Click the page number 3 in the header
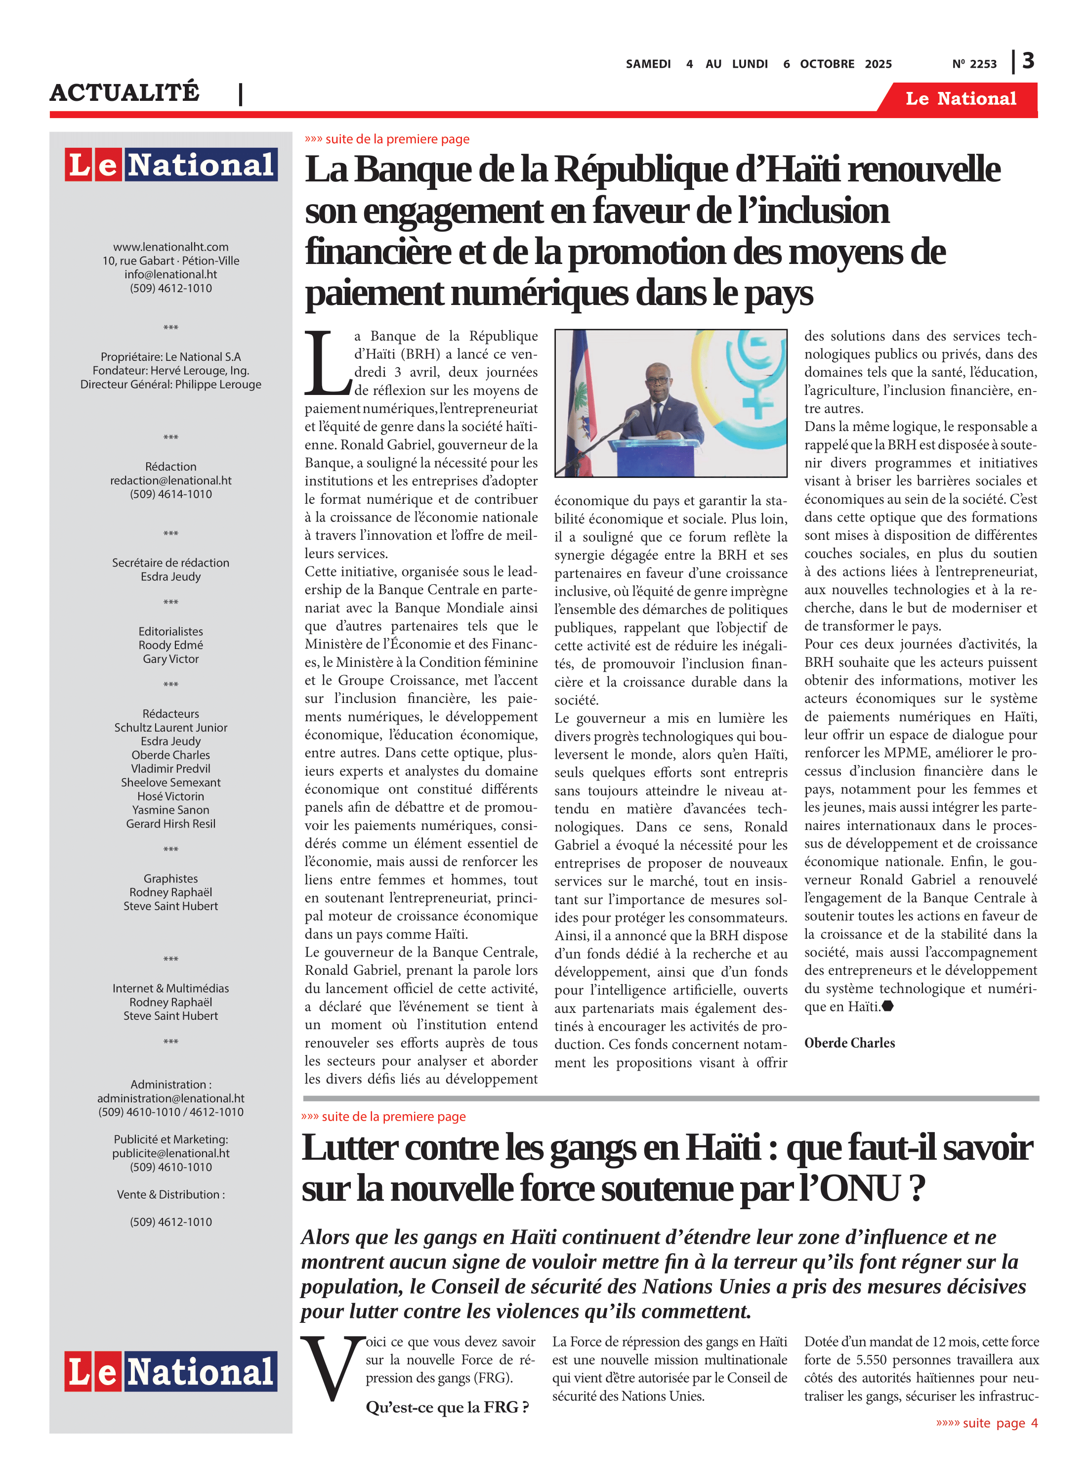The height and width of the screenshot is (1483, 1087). click(x=1028, y=61)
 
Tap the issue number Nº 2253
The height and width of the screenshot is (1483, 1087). click(x=974, y=64)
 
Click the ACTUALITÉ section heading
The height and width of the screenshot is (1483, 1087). click(x=125, y=92)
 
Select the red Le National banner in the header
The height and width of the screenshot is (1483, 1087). click(x=960, y=99)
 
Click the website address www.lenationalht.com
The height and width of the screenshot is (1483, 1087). click(x=170, y=247)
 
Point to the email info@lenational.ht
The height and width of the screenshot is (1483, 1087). click(x=170, y=274)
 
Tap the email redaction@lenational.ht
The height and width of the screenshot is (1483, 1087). click(x=170, y=480)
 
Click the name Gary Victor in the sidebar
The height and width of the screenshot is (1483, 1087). click(x=170, y=659)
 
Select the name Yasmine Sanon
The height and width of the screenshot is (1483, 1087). click(x=170, y=810)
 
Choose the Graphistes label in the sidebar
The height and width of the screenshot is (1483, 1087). click(x=170, y=879)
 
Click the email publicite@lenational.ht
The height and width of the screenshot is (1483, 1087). click(x=170, y=1153)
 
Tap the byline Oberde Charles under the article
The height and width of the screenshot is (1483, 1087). click(x=849, y=1043)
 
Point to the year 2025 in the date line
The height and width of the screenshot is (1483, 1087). click(x=878, y=64)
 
